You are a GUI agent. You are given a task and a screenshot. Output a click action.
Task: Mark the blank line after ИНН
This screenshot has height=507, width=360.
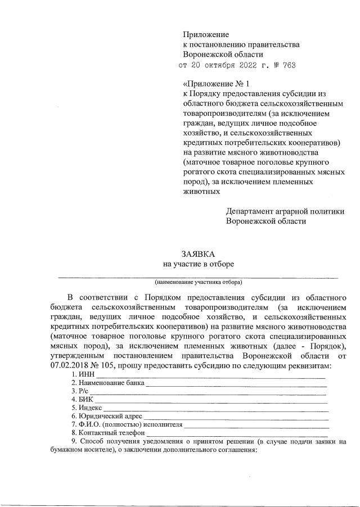coord(208,375)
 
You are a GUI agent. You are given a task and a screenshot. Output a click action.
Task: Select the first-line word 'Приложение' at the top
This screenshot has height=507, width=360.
coord(206,35)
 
